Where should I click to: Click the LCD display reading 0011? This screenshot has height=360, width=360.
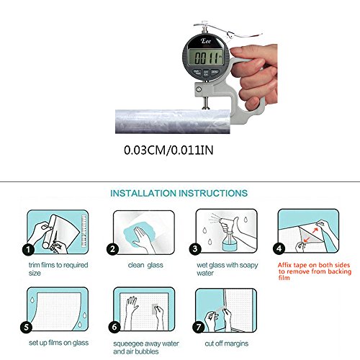tap(207, 57)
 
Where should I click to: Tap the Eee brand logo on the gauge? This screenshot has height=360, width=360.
tap(206, 41)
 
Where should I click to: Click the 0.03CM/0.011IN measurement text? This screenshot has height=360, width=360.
tap(168, 150)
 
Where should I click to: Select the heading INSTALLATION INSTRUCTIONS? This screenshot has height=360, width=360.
tap(179, 193)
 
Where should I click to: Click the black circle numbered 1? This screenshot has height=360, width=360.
tap(28, 250)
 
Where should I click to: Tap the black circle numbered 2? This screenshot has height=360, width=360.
tap(112, 249)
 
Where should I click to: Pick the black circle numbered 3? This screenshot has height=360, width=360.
tap(195, 248)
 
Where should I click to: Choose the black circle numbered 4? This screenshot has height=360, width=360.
tap(279, 248)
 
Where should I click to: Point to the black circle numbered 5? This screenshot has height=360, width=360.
tap(27, 327)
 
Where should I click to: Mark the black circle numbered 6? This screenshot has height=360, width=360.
tap(114, 327)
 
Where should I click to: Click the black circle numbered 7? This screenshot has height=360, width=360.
tap(199, 327)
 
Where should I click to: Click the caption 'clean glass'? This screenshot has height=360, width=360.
tap(145, 265)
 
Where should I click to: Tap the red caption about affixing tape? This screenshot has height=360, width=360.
tap(315, 271)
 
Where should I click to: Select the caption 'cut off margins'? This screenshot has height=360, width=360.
tap(227, 343)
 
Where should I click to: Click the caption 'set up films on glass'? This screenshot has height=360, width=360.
tap(58, 343)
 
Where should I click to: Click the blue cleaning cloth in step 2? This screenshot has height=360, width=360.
tap(139, 235)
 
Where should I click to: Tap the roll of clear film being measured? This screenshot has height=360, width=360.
tap(173, 122)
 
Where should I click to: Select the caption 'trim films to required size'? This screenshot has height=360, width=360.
tap(58, 269)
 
